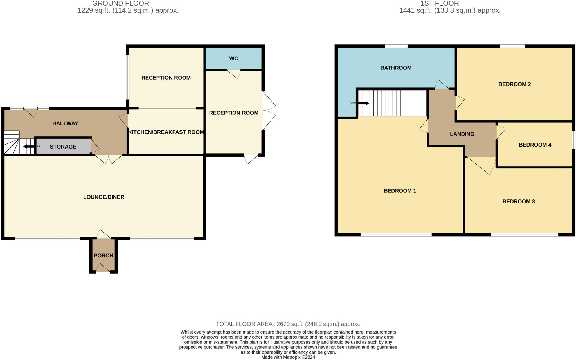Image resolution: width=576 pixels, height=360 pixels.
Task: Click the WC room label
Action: point(233,58)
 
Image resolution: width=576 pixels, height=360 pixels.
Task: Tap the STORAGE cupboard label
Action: point(63,147)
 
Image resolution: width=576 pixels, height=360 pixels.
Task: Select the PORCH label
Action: point(103,255)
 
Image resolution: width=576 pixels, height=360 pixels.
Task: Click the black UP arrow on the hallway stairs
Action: point(29,147)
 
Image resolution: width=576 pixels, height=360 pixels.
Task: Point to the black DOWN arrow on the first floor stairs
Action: point(363,103)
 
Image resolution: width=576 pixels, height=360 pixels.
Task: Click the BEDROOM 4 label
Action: point(535,145)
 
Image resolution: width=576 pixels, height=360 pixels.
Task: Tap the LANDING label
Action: point(462,134)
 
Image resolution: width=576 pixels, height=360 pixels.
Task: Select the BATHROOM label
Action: point(396,68)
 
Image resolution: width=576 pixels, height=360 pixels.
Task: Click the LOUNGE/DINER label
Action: point(103,197)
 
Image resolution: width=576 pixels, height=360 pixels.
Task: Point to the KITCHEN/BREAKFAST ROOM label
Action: point(166,132)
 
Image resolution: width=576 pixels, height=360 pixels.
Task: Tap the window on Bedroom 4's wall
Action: point(574,140)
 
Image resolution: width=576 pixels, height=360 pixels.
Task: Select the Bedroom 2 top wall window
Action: point(512,46)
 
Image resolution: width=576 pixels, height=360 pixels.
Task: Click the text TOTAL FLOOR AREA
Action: point(244,324)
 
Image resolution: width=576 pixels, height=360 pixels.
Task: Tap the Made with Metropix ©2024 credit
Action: point(288,357)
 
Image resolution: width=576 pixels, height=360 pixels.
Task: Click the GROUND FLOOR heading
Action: point(120,3)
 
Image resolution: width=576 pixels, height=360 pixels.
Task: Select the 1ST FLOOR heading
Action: point(439,3)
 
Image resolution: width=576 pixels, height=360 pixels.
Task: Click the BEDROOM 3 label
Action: point(518,201)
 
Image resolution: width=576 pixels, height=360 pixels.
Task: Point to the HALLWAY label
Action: point(65,123)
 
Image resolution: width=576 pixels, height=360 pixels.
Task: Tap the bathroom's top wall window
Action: point(396,46)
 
